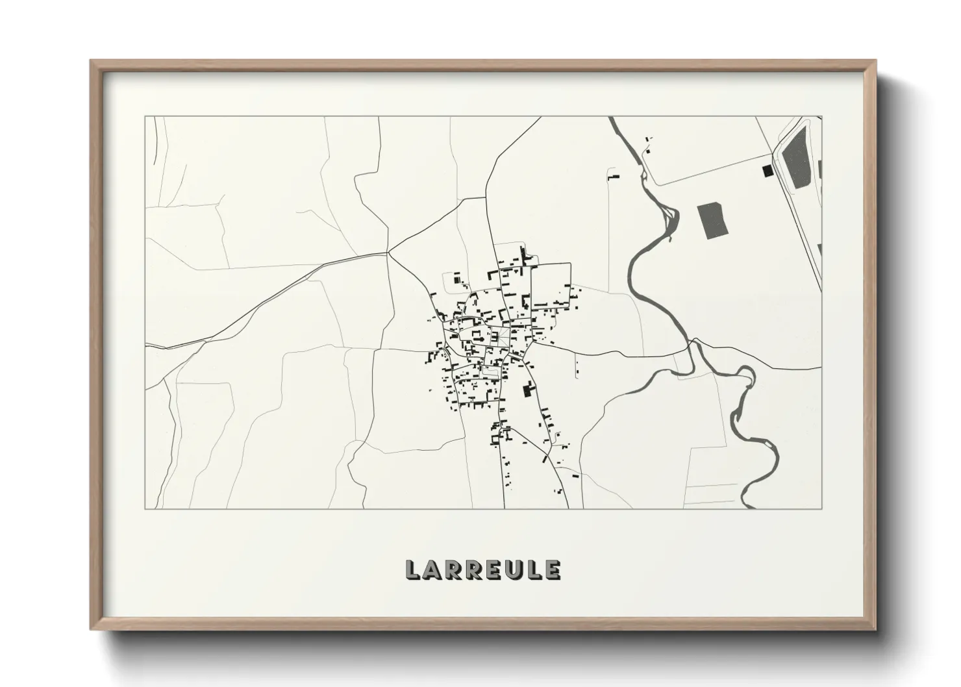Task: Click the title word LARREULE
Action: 482,569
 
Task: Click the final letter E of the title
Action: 552,570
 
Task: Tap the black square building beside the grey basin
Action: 768,170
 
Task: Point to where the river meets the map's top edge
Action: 610,118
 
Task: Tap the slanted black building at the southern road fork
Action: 545,458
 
